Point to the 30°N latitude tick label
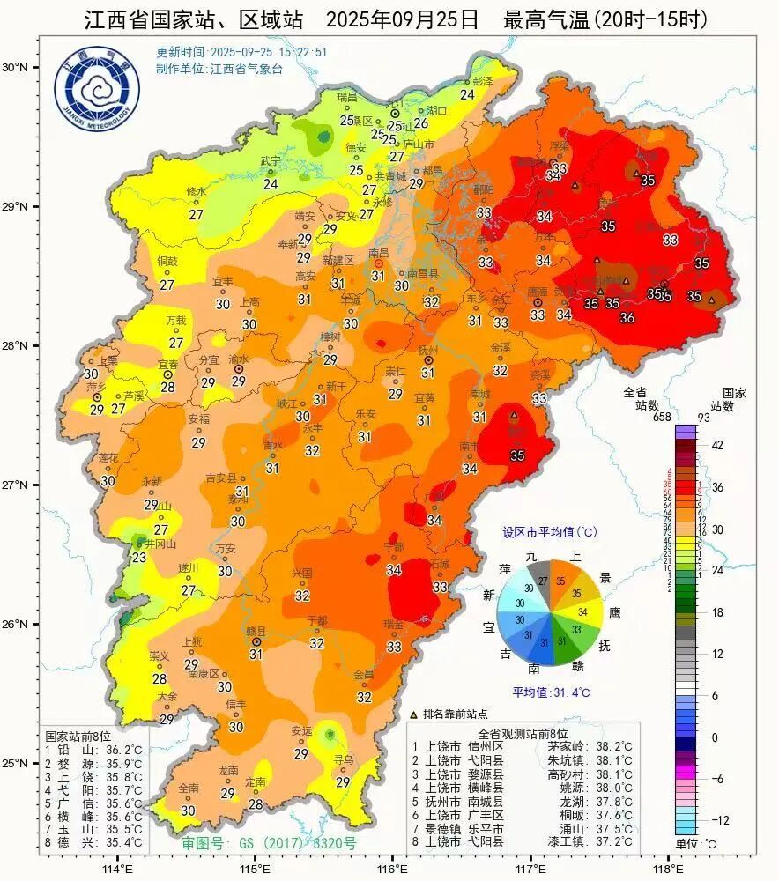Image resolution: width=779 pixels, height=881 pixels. (16, 67)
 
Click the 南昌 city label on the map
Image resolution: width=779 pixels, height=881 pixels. (378, 252)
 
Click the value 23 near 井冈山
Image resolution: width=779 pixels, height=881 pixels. (139, 558)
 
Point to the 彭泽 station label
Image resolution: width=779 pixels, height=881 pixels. (482, 81)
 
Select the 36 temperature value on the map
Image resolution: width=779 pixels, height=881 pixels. (627, 318)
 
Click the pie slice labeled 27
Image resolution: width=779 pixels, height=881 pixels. (542, 581)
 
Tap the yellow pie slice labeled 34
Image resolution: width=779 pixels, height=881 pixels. (582, 611)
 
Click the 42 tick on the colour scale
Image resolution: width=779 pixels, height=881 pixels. (716, 445)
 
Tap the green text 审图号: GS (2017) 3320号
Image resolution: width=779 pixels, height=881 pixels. (269, 843)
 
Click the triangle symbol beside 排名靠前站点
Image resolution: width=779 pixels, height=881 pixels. (415, 714)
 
